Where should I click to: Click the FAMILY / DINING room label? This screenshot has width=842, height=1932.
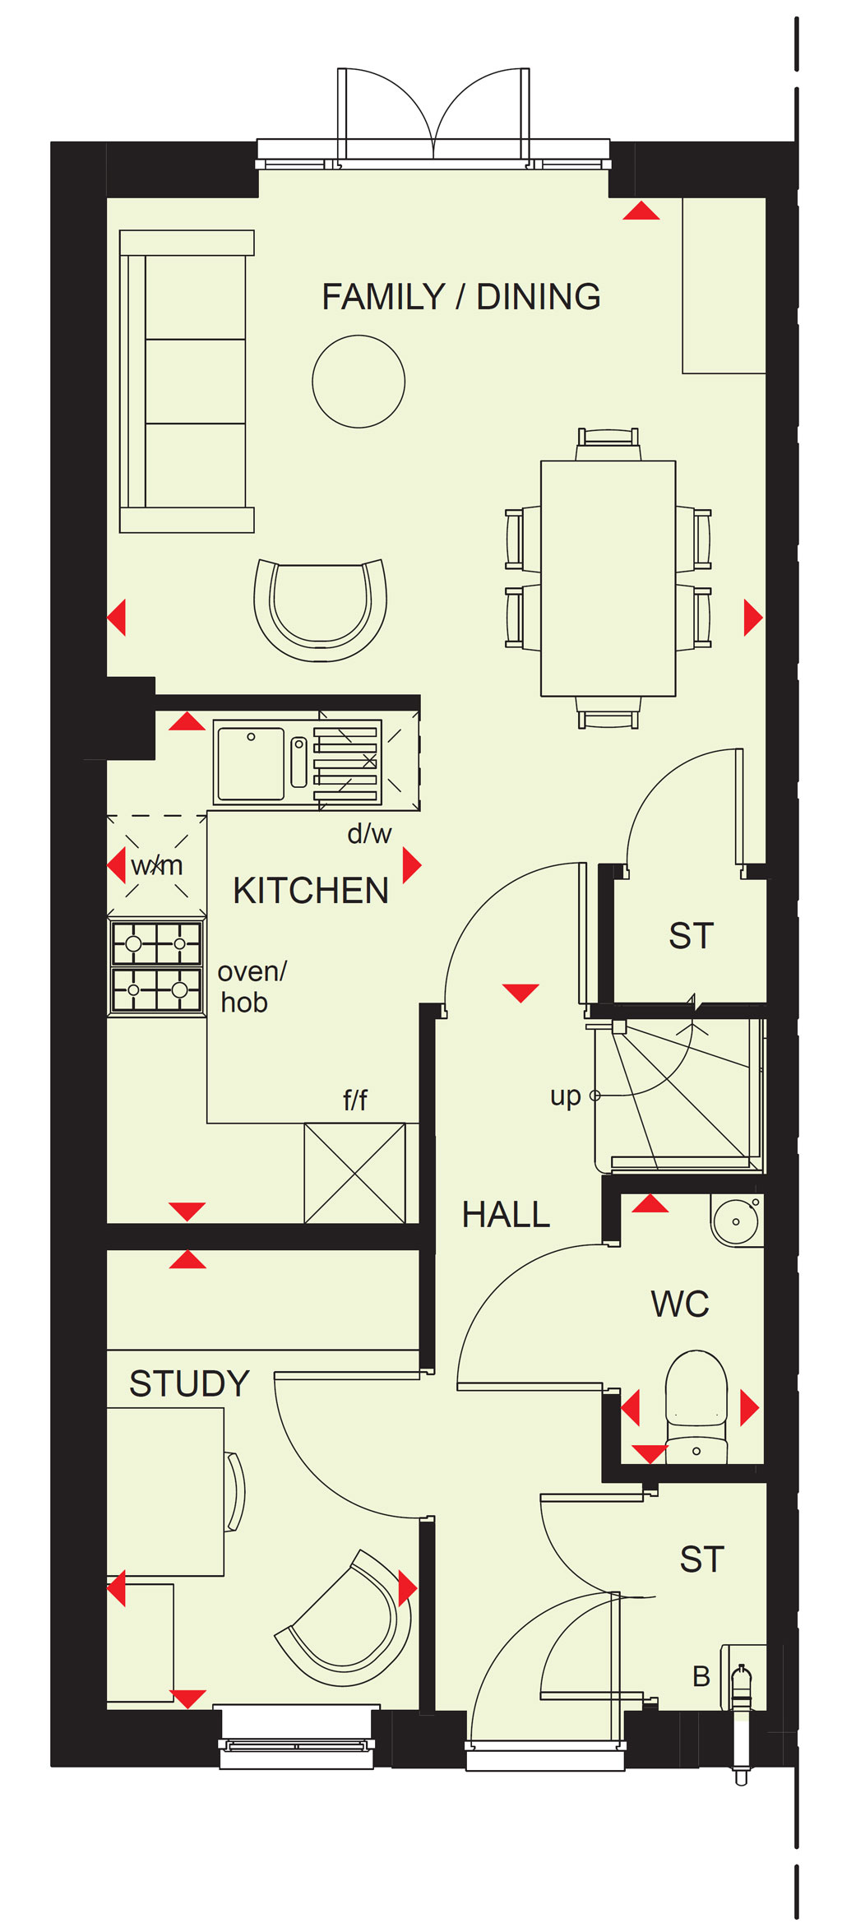click(460, 297)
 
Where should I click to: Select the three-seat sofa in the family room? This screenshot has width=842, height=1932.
click(187, 382)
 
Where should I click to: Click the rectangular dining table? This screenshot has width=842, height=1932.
click(608, 578)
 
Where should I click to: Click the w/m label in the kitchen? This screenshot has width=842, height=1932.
click(157, 865)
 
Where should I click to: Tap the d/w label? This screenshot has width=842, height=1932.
click(369, 834)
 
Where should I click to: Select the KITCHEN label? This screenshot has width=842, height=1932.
click(311, 891)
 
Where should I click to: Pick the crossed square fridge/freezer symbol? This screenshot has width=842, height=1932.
click(355, 1173)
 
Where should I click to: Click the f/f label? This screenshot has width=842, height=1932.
click(355, 1100)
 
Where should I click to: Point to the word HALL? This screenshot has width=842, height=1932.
click(506, 1215)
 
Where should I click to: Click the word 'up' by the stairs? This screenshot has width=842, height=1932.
click(566, 1096)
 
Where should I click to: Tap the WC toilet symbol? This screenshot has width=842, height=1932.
click(696, 1407)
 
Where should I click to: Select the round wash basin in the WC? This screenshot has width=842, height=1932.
click(736, 1221)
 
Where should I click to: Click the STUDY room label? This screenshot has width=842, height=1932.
click(189, 1383)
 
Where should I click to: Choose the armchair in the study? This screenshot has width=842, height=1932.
click(345, 1619)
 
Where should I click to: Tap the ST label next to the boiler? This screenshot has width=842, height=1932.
click(702, 1559)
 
